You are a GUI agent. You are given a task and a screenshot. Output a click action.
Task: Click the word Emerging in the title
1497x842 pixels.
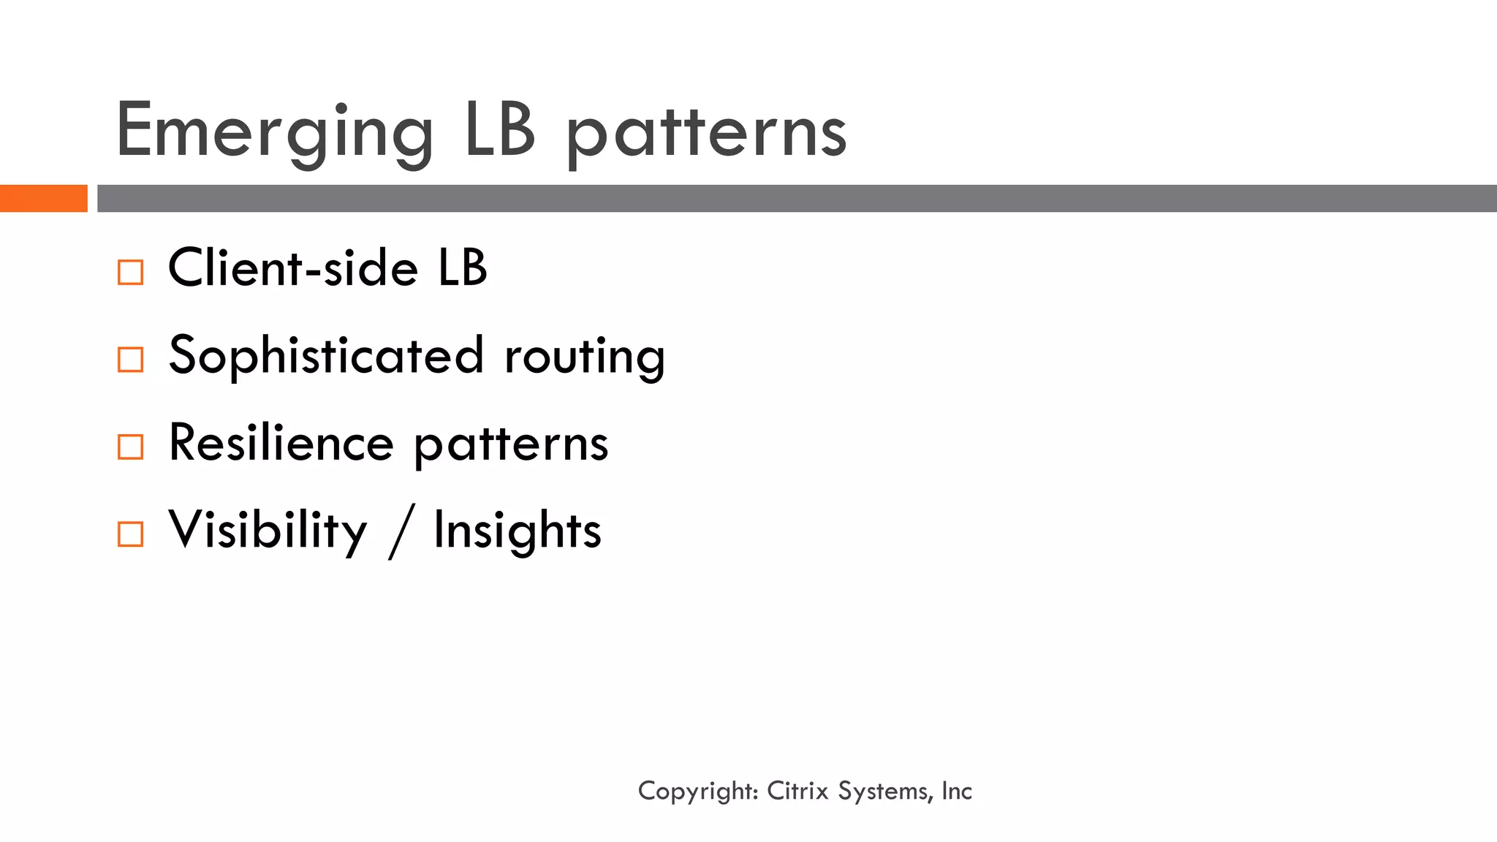275,132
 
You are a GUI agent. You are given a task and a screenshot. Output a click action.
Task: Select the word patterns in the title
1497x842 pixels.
706,133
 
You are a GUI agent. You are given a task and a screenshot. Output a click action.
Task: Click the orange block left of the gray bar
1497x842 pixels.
43,198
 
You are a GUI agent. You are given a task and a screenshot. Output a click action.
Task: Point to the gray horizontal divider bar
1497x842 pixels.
797,198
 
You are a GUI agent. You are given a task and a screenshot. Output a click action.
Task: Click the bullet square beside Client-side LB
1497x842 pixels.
131,273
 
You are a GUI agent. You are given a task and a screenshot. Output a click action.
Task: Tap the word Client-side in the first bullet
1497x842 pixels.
292,268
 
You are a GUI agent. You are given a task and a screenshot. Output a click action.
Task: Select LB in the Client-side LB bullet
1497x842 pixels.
463,268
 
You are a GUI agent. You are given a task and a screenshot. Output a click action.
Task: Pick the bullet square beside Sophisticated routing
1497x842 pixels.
131,360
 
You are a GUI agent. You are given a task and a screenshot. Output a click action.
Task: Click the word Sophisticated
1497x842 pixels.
326,356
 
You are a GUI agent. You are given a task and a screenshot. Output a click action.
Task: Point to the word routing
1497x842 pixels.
585,357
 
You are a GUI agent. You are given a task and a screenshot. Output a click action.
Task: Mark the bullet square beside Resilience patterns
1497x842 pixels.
131,447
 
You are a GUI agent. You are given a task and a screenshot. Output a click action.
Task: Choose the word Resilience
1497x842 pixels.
281,443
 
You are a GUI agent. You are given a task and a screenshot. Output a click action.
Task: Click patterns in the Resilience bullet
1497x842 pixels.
511,444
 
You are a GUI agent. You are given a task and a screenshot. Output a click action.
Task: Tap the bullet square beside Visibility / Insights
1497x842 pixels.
131,534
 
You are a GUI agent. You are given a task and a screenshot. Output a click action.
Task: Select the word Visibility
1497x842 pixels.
268,531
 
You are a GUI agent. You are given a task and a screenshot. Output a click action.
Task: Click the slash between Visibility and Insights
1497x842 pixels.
401,531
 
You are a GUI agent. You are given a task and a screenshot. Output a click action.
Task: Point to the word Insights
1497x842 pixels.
518,531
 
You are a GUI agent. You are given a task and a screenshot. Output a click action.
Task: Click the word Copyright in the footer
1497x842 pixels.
697,791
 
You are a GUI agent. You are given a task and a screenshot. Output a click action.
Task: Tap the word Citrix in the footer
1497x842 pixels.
797,791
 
